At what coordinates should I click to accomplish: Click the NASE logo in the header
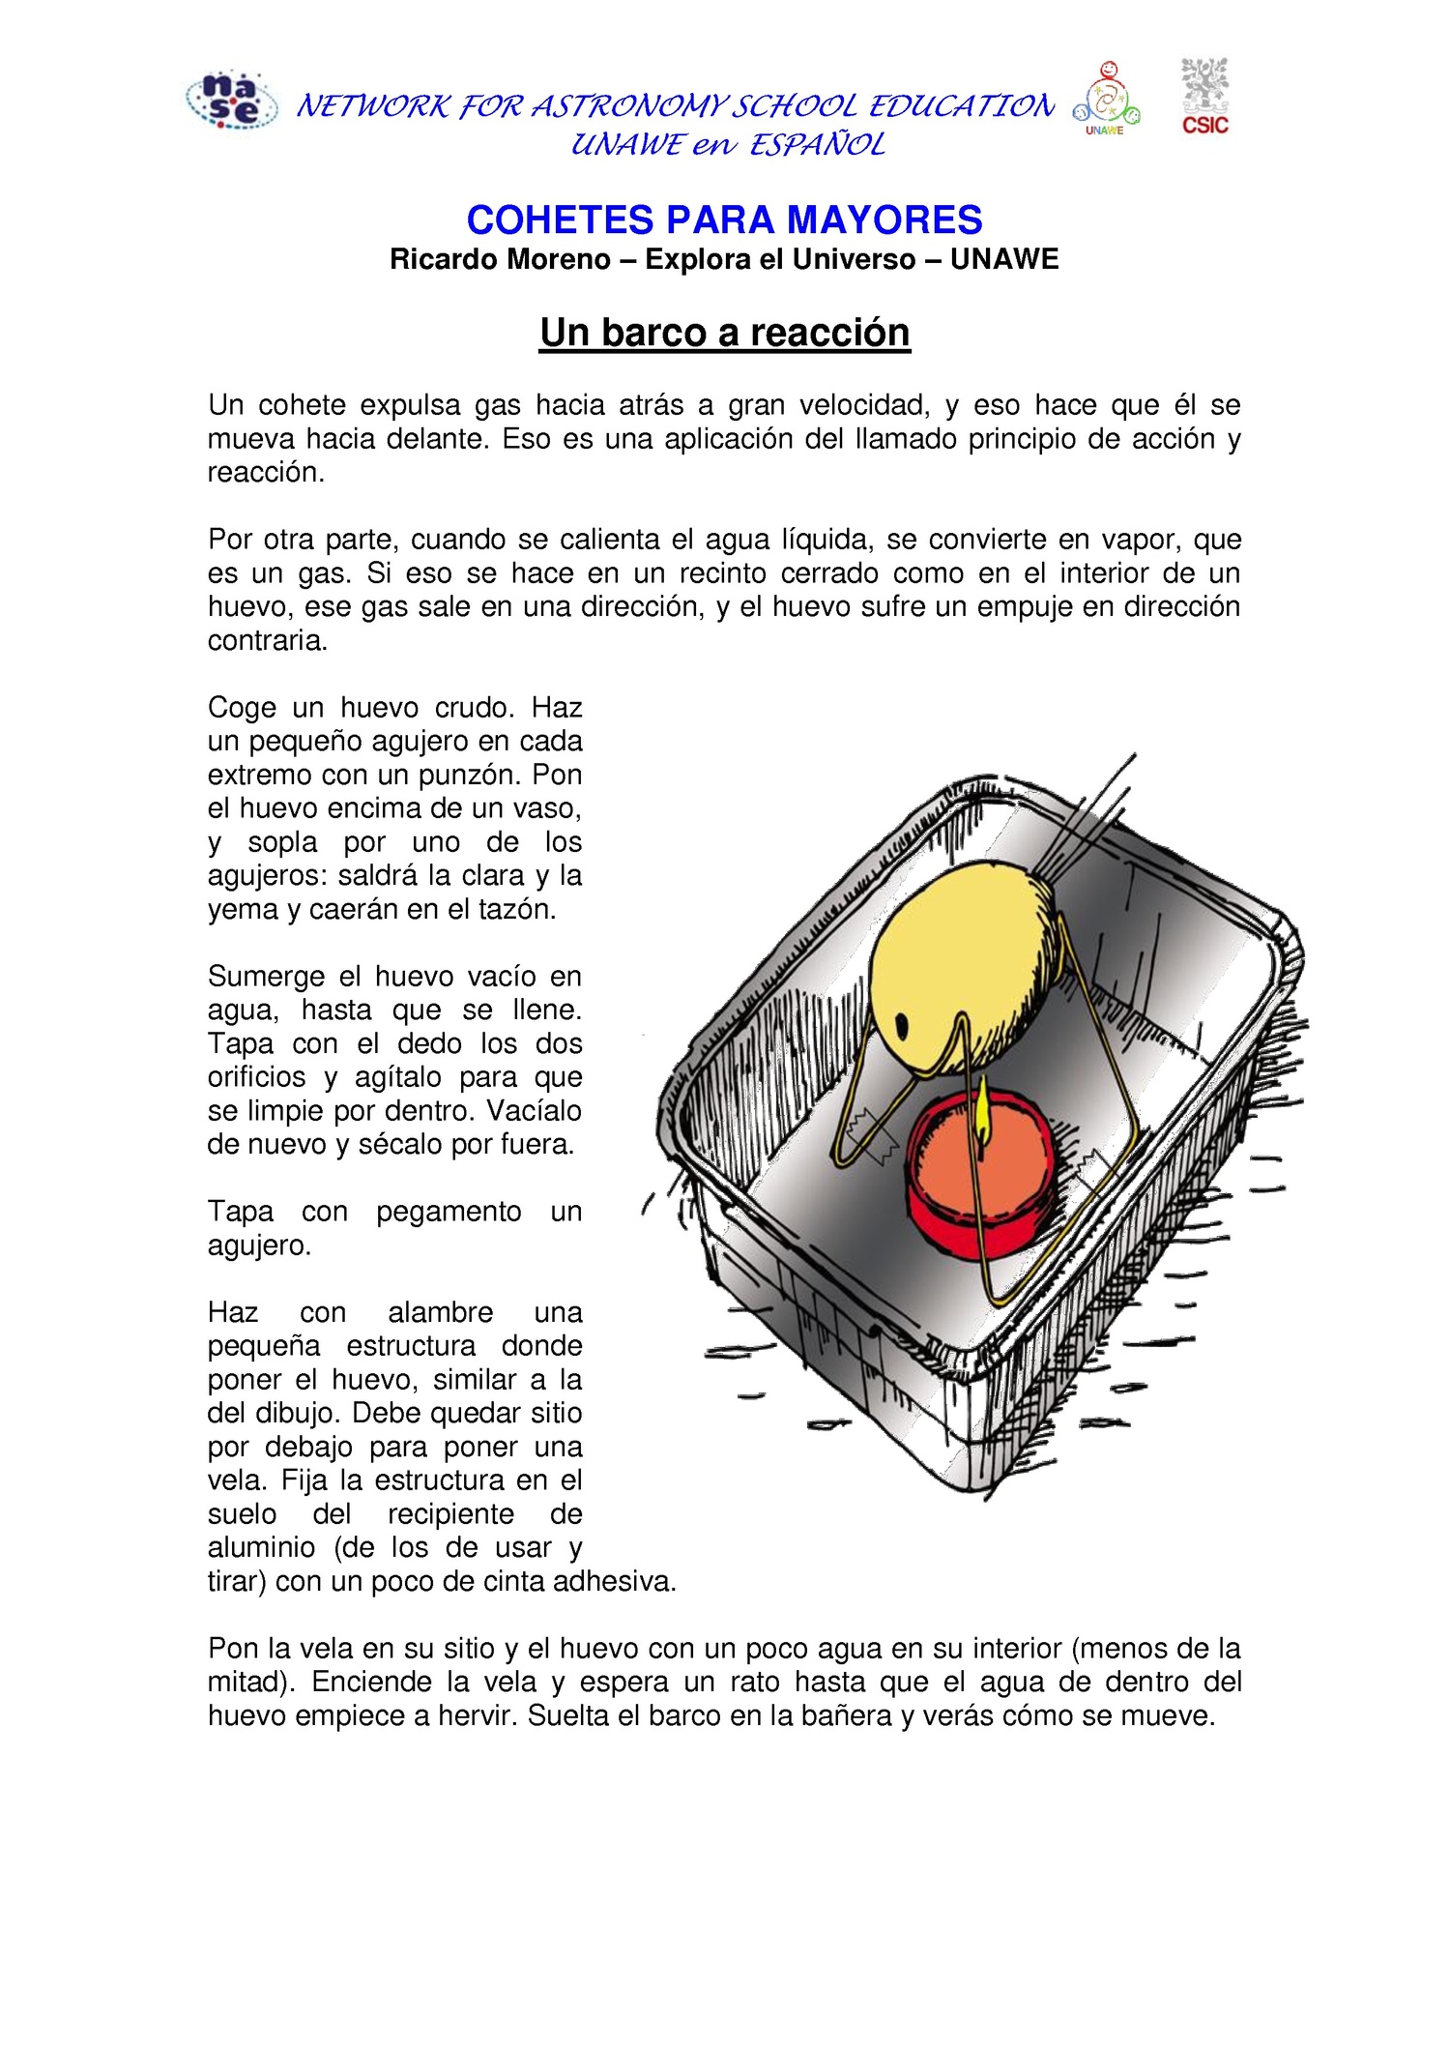231,101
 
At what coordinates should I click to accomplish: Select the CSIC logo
1204,96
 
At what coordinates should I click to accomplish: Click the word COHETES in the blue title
560,220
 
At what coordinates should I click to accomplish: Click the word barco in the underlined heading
652,332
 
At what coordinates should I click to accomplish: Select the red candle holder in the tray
980,1180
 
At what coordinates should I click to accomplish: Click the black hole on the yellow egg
903,1024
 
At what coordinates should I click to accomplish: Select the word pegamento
449,1211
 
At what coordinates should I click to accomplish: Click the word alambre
440,1312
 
